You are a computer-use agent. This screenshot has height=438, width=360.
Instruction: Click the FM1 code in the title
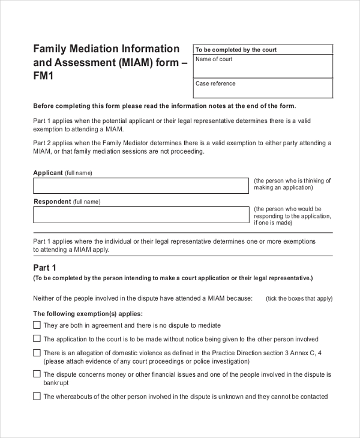(x=44, y=76)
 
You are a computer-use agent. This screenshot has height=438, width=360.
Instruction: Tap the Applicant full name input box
(x=140, y=185)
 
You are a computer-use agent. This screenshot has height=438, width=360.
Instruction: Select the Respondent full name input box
(x=140, y=215)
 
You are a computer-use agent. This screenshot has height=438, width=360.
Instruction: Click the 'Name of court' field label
(x=214, y=59)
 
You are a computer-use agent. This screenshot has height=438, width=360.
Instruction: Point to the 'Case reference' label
(x=215, y=83)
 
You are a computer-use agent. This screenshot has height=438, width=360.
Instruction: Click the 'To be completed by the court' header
(x=236, y=50)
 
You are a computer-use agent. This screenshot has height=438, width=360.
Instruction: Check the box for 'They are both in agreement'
(x=37, y=325)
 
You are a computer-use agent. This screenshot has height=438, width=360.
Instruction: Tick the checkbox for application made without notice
(x=37, y=339)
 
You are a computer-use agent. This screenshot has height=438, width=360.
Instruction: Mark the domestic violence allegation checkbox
(x=37, y=353)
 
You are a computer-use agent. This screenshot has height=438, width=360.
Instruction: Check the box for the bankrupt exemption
(x=37, y=374)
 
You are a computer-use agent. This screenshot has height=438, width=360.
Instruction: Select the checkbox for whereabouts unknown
(x=37, y=396)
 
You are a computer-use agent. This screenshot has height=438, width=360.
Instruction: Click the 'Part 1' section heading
(x=44, y=268)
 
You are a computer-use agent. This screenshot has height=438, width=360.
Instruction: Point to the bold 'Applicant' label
(x=48, y=173)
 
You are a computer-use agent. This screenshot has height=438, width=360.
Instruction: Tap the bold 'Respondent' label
(x=52, y=202)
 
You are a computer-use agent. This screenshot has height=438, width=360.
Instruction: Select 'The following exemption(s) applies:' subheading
(x=88, y=313)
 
